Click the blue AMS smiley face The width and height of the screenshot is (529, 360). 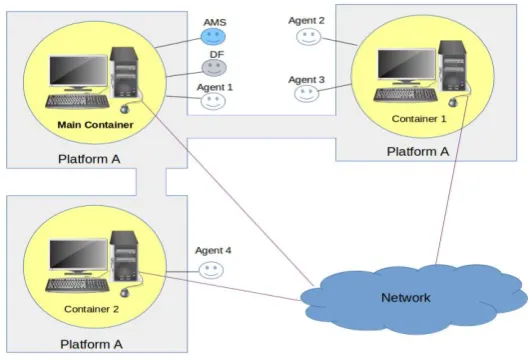point(213,36)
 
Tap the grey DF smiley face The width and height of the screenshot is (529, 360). point(214,67)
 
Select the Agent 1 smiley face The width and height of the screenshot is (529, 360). point(213,101)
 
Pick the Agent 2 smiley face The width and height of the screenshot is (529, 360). point(309,36)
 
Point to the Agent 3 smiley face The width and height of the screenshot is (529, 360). point(306,93)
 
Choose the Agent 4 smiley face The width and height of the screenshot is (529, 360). point(211,270)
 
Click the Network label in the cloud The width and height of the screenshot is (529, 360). point(406,298)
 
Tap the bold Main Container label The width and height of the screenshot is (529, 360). point(95,125)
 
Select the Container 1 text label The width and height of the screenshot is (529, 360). point(419,119)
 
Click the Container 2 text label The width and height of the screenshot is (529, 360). point(91,309)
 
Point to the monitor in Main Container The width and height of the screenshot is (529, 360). point(78,73)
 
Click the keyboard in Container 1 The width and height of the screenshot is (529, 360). point(406,94)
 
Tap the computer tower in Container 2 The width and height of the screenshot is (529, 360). point(124,256)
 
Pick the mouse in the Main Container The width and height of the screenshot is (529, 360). point(125,109)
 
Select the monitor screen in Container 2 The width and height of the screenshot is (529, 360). point(78,254)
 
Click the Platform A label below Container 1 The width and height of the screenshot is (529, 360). point(418,151)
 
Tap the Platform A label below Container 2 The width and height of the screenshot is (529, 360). point(91,344)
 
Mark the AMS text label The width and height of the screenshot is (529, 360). point(215,22)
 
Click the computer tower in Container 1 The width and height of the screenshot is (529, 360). point(452,66)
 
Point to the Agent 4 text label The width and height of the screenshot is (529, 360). point(213,251)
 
